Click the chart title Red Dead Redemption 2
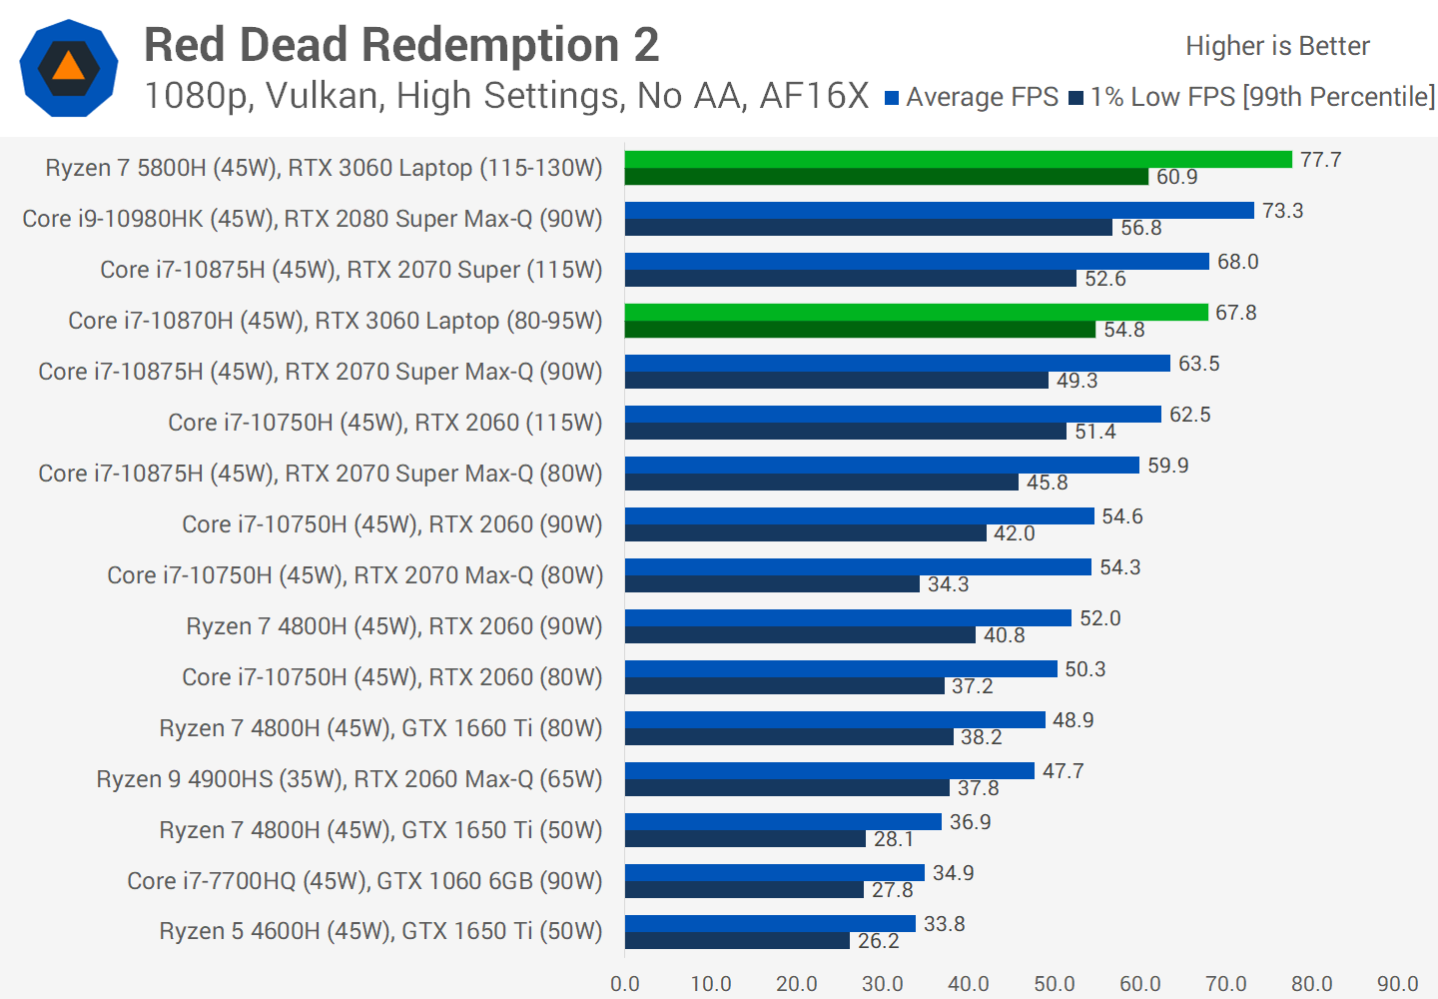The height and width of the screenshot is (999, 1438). click(401, 45)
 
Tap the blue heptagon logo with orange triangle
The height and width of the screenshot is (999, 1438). click(69, 68)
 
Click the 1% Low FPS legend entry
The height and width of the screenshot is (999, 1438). click(1252, 97)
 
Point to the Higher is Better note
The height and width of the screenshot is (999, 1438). click(1277, 46)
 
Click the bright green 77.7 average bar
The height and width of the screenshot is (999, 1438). click(959, 160)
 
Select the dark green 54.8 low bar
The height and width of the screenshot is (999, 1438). click(860, 330)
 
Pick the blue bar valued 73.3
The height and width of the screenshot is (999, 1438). click(939, 211)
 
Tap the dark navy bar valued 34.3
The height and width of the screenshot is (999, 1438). click(772, 584)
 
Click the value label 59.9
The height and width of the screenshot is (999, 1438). click(1167, 466)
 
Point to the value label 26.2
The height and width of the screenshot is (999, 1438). click(878, 941)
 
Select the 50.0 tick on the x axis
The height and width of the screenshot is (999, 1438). click(1055, 984)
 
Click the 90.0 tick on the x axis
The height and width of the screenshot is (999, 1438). click(1397, 984)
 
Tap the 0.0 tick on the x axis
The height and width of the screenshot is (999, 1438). click(625, 984)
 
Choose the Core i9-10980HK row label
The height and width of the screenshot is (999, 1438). click(313, 219)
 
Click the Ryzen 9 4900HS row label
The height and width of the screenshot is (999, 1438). click(350, 779)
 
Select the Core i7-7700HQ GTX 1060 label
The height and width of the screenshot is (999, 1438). click(364, 881)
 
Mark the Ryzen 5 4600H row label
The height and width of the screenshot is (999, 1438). click(380, 931)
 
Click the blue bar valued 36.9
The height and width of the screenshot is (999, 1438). click(783, 822)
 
